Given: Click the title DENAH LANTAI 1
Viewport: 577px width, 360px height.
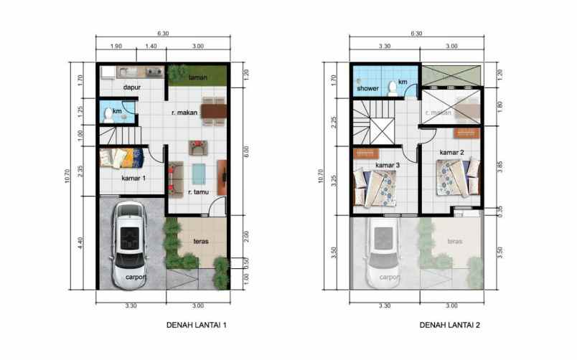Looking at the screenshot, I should (196, 326).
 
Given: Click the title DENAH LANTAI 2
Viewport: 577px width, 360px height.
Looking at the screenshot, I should (450, 326).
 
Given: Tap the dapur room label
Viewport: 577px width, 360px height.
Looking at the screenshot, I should (130, 87).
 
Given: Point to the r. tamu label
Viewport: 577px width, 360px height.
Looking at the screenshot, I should (199, 192).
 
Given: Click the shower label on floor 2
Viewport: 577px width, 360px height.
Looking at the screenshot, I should (367, 88).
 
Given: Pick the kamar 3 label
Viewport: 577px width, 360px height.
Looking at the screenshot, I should (387, 166).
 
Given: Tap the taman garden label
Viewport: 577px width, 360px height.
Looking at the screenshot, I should (199, 77).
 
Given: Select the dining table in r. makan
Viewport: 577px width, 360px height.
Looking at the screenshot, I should (213, 111).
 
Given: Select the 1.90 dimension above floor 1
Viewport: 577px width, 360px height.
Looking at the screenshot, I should (117, 46).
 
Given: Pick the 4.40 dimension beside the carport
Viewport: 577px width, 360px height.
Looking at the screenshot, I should (81, 243).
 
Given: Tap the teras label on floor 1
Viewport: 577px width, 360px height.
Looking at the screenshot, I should (200, 242).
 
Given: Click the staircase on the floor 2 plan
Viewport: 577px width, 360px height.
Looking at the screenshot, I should (375, 123).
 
